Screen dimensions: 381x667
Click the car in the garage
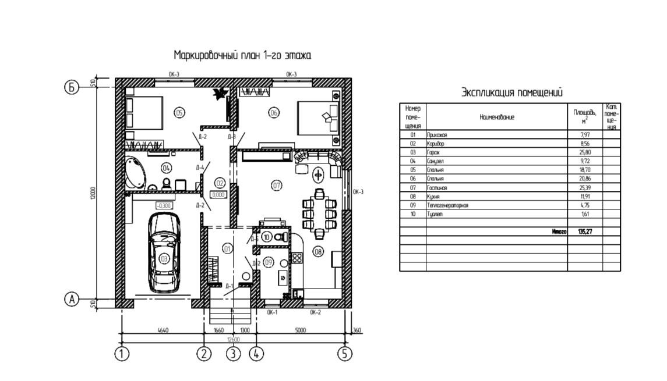(164, 252)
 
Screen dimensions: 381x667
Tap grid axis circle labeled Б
(71, 87)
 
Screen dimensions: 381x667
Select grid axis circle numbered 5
(345, 353)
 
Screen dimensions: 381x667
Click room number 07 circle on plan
(277, 185)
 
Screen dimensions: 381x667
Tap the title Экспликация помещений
(512, 92)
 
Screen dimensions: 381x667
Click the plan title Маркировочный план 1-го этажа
(242, 55)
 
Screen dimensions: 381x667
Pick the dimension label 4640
(163, 330)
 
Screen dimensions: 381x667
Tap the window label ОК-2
(315, 312)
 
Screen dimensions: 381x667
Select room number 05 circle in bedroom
(179, 112)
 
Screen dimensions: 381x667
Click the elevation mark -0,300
(164, 205)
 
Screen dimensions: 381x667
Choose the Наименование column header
(497, 117)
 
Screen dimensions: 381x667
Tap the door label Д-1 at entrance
(229, 286)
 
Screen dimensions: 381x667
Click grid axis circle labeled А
(71, 299)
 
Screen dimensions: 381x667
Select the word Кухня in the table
(434, 197)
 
